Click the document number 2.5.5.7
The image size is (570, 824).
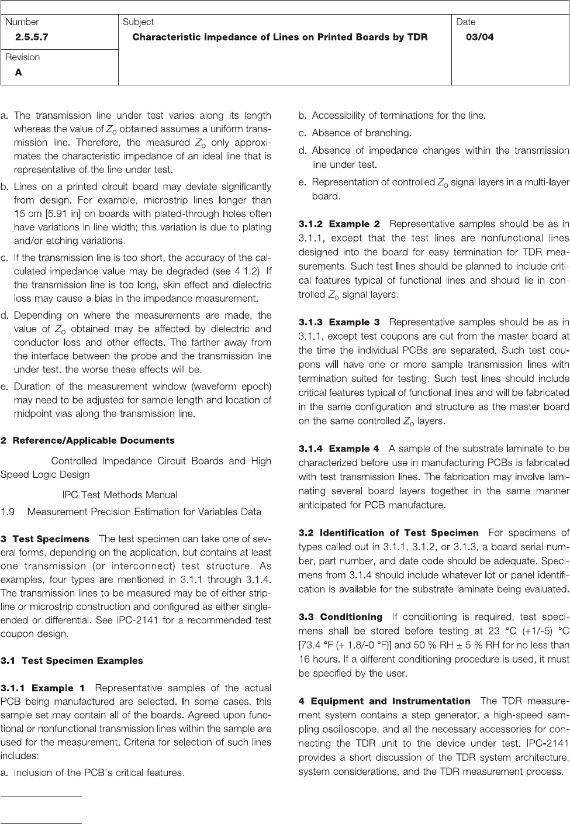tap(33, 37)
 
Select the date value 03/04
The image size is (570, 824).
tap(479, 37)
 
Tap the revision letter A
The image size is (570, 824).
tap(19, 73)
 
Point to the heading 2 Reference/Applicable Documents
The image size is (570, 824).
tap(88, 440)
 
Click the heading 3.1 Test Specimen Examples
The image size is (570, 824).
tap(71, 661)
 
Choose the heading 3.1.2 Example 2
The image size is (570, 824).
tap(339, 224)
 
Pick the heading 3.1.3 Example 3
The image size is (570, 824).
tap(339, 322)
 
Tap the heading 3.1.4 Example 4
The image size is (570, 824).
tap(339, 449)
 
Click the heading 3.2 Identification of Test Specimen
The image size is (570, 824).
tap(388, 533)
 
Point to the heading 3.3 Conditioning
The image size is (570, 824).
tap(340, 617)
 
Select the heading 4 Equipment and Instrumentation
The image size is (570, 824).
tap(384, 701)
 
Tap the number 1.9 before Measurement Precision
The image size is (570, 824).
tap(8, 512)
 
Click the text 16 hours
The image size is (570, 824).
tap(316, 659)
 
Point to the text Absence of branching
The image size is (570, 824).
tap(361, 133)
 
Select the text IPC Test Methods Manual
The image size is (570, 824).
tap(119, 495)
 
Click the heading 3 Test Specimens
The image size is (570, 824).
tap(45, 539)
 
